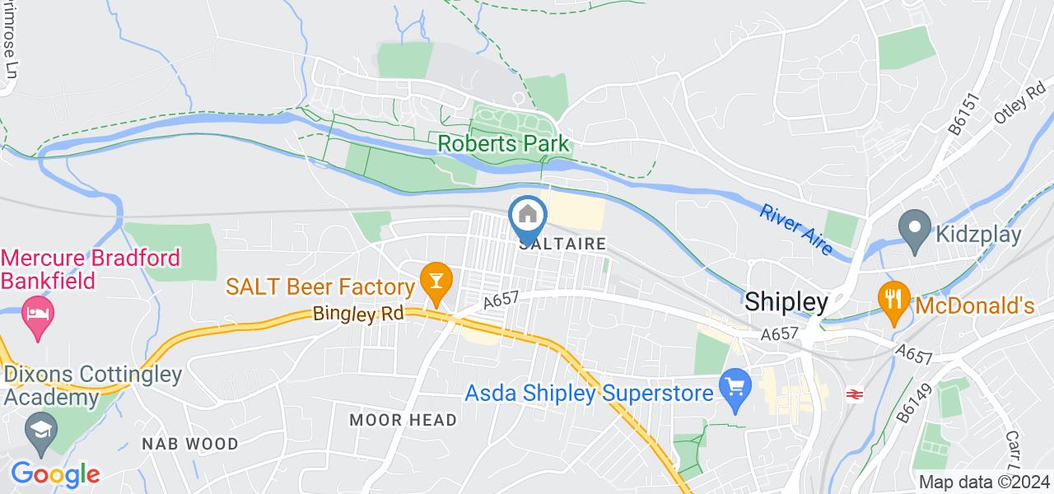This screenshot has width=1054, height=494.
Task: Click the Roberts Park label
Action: [503, 143]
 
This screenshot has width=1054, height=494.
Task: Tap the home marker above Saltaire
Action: [528, 217]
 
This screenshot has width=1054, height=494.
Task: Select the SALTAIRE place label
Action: [563, 245]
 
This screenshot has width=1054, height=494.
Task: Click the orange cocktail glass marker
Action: [432, 281]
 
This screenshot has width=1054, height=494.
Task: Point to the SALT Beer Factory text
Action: [319, 287]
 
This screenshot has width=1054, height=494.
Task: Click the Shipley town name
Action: [786, 302]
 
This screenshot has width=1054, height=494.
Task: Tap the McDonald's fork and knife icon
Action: [893, 299]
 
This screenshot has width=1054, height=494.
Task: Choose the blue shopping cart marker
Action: [733, 384]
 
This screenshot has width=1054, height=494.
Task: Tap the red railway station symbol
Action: [853, 394]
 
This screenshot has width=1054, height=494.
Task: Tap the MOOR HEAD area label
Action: [403, 420]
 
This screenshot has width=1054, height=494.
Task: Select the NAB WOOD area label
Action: [189, 444]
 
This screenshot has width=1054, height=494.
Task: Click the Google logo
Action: [54, 474]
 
